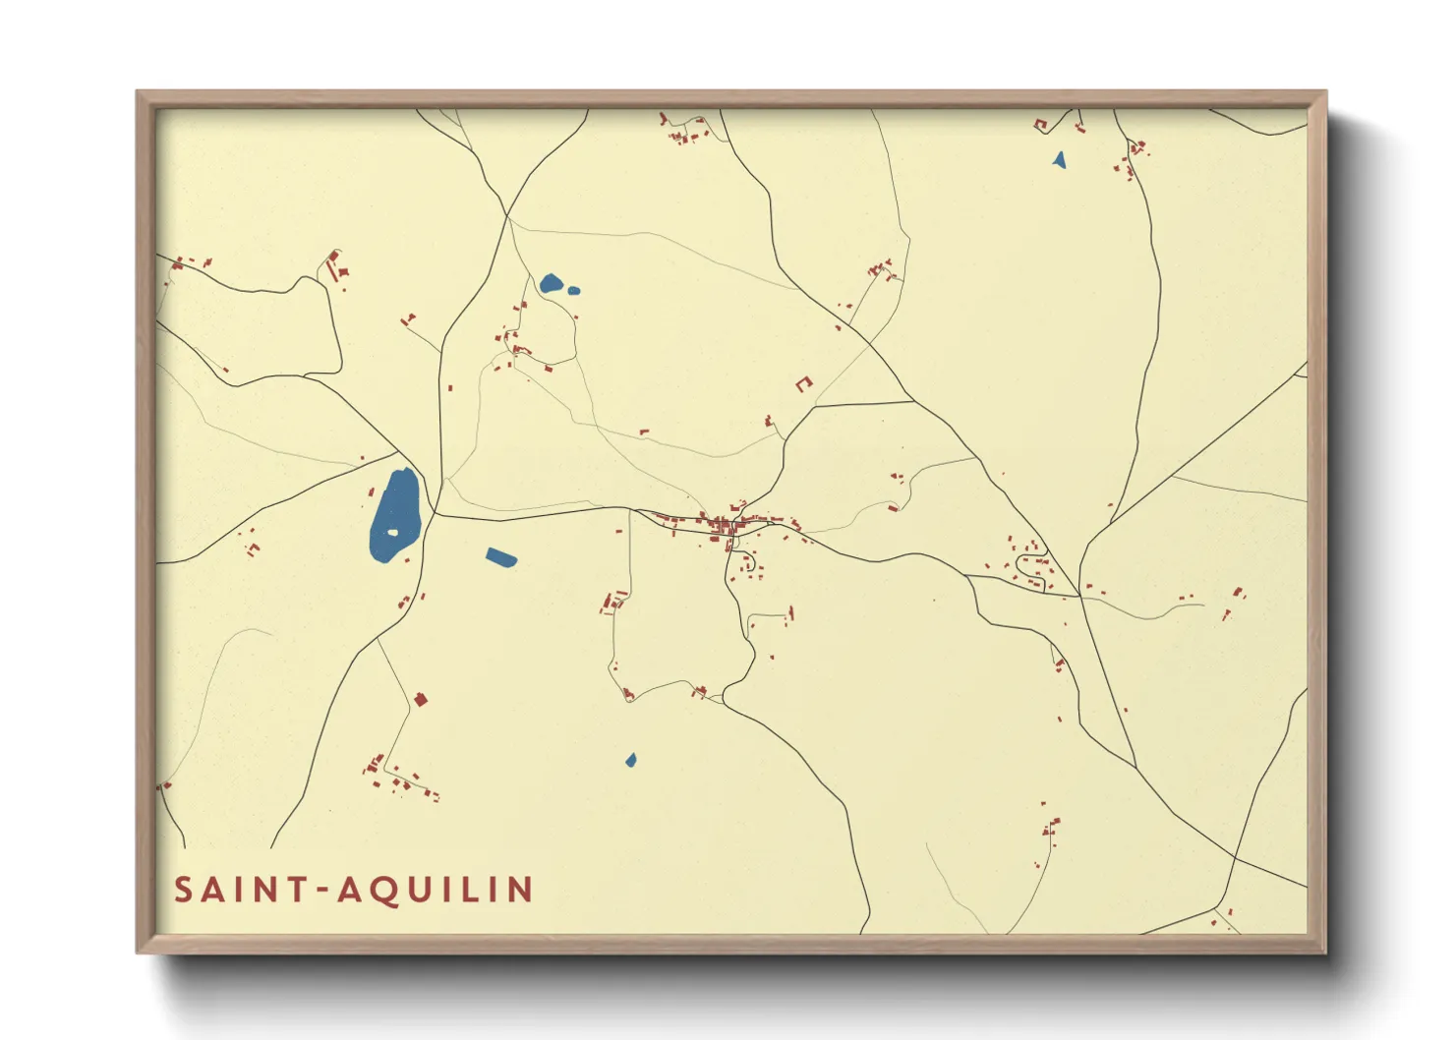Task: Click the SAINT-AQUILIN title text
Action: click(x=354, y=890)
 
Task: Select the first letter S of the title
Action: click(x=183, y=890)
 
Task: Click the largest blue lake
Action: click(x=394, y=511)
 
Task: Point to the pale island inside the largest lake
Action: click(x=392, y=533)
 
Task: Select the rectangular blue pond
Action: click(x=501, y=558)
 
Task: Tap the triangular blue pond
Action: click(x=1059, y=159)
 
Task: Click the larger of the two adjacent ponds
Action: click(x=551, y=284)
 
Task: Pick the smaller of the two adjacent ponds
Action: click(x=573, y=290)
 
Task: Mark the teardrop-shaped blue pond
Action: click(x=631, y=760)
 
